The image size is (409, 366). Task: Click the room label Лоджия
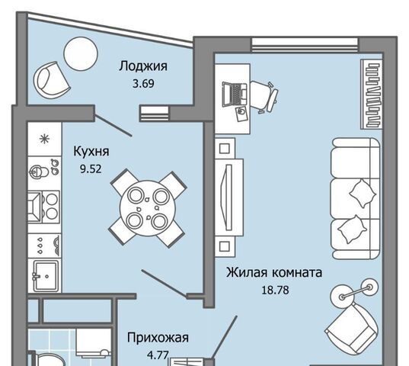(x=143, y=66)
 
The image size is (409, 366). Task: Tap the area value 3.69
(x=143, y=84)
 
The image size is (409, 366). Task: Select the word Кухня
(x=91, y=152)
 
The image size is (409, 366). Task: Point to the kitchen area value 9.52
(x=91, y=169)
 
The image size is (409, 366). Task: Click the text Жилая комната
(x=274, y=272)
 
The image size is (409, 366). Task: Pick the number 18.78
(x=275, y=290)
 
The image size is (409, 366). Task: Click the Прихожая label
(x=158, y=338)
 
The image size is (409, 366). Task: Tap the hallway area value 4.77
(x=158, y=355)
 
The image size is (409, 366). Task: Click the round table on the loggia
(x=81, y=54)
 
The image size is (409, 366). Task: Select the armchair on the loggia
(x=51, y=80)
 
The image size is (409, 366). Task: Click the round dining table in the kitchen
(x=148, y=208)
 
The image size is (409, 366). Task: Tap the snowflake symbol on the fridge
(x=44, y=139)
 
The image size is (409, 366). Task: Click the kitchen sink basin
(x=45, y=276)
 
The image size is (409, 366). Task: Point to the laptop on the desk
(x=235, y=95)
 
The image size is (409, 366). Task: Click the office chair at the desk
(x=264, y=97)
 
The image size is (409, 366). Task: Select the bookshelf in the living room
(x=372, y=94)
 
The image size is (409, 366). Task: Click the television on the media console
(x=226, y=197)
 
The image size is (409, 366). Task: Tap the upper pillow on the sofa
(x=363, y=194)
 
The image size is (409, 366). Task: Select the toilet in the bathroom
(x=48, y=360)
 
